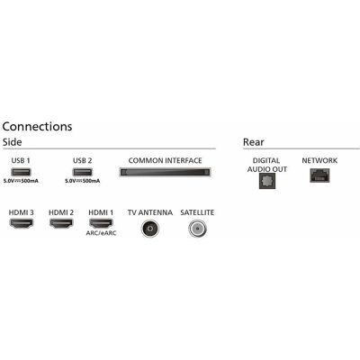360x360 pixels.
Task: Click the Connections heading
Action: click(x=37, y=126)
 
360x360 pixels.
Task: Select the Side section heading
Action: click(x=12, y=142)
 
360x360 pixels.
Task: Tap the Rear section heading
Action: click(x=254, y=142)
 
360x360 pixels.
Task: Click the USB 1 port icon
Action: click(x=21, y=172)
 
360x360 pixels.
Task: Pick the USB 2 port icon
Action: click(x=83, y=172)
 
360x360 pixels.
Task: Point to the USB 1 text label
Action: click(x=21, y=160)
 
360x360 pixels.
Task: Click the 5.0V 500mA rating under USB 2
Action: click(x=83, y=181)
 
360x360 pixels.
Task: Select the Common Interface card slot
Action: click(x=165, y=172)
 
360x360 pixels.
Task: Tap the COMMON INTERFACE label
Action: click(x=165, y=160)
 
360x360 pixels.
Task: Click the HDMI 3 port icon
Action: click(x=22, y=223)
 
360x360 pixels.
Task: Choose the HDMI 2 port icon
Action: click(x=61, y=223)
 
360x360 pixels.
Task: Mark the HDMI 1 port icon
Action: click(x=101, y=223)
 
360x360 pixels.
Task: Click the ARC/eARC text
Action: click(x=101, y=233)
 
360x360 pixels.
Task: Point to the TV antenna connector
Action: click(x=150, y=229)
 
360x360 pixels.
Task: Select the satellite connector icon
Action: click(x=197, y=229)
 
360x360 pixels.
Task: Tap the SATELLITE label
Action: click(x=197, y=212)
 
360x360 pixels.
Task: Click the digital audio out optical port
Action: click(x=267, y=181)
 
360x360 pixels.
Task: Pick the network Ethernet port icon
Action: click(x=319, y=175)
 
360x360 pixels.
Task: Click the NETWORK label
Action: click(x=319, y=160)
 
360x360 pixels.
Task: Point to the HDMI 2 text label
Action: click(x=61, y=212)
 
